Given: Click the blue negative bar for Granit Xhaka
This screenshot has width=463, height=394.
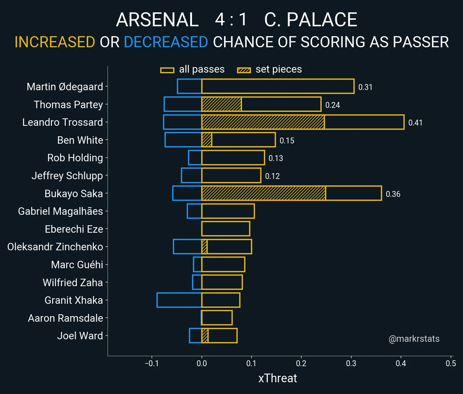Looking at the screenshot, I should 179,300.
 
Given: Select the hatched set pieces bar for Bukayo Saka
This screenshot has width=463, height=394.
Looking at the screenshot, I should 264,193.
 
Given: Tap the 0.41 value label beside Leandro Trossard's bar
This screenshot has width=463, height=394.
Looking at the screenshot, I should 415,123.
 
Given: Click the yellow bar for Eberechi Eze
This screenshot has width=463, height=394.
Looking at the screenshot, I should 226,229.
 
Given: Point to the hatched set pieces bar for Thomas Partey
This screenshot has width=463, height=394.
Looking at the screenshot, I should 221,104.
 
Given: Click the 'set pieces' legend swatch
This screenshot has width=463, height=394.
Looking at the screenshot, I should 244,70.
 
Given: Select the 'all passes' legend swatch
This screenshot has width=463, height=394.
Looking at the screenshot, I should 167,70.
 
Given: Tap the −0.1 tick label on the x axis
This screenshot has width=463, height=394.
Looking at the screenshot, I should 152,363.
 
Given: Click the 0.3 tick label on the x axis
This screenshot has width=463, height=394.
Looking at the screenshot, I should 351,363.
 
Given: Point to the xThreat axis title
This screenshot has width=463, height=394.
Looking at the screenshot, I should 277,378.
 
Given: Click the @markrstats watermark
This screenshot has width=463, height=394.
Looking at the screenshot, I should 414,339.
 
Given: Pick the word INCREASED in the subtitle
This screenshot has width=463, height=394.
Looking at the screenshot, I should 55,42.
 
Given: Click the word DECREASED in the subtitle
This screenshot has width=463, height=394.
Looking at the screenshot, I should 166,42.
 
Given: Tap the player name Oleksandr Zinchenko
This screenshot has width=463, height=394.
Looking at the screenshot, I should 55,247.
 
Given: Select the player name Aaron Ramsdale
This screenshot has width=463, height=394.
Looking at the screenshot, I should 65,318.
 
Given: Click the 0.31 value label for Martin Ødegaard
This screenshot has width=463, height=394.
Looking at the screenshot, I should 365,87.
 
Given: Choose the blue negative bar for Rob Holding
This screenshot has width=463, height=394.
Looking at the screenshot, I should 195,158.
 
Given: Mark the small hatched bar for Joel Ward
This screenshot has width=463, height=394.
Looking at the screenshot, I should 205,336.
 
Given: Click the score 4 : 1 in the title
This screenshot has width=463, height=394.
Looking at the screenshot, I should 231,20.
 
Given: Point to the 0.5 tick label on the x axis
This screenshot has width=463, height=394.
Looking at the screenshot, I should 451,363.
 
